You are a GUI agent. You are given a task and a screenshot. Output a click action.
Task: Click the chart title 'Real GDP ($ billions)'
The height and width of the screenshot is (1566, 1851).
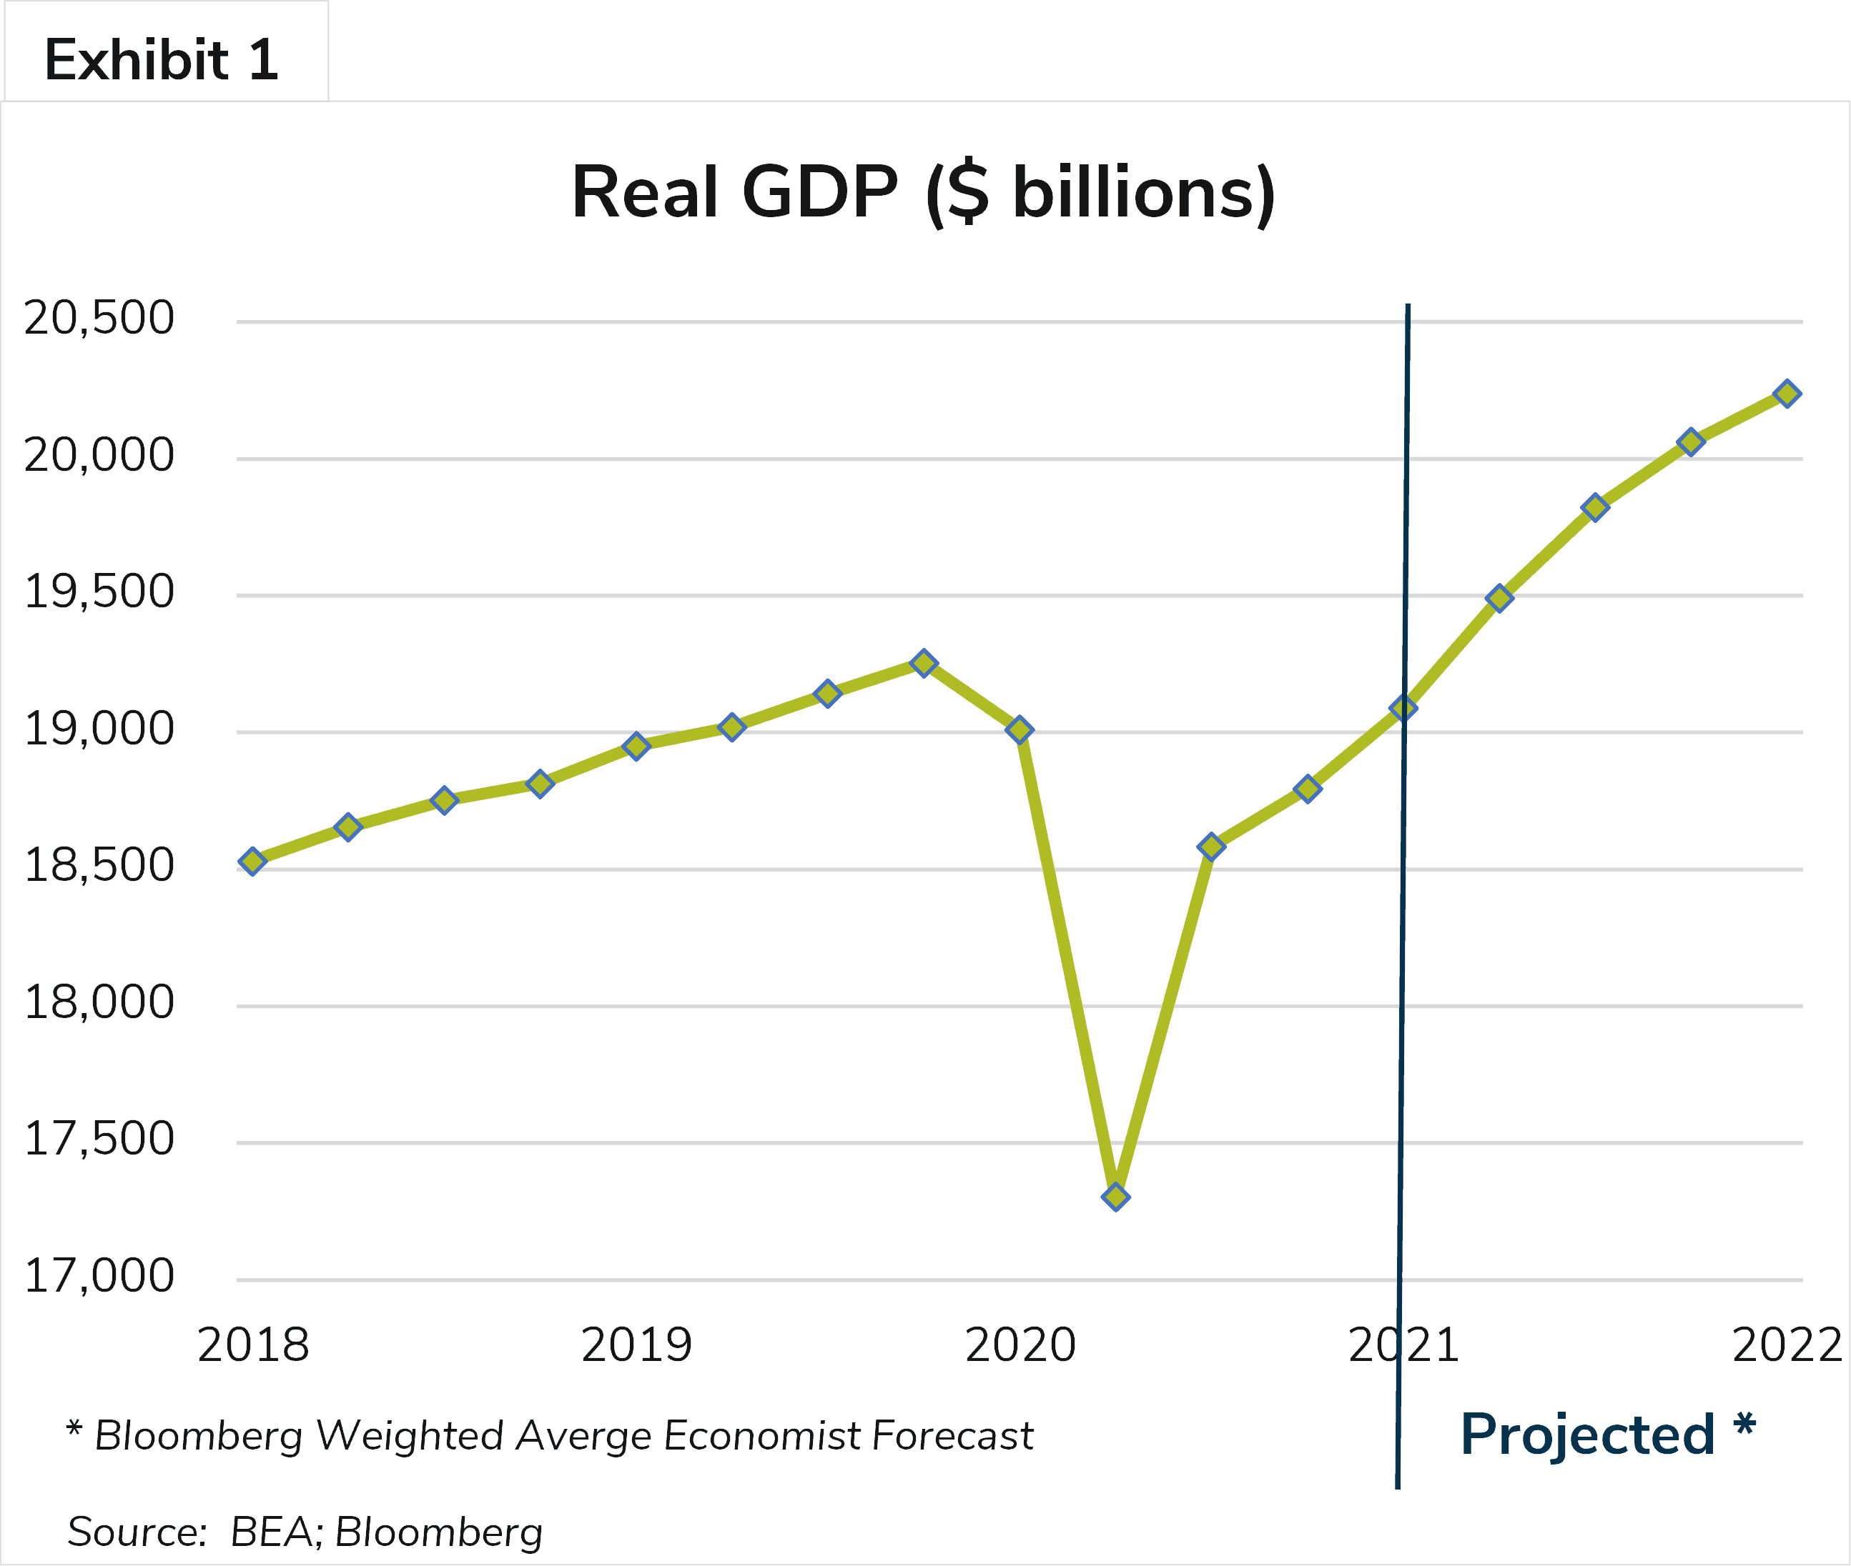tap(924, 194)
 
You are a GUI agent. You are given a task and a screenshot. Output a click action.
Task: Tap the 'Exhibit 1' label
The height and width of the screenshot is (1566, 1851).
tap(162, 60)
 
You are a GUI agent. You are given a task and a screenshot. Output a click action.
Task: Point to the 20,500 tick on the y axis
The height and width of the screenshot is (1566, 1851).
tap(99, 319)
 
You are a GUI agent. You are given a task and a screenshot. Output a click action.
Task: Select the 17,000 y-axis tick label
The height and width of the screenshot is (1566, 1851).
tap(99, 1277)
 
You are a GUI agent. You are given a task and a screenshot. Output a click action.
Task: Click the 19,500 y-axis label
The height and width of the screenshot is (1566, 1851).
tap(99, 592)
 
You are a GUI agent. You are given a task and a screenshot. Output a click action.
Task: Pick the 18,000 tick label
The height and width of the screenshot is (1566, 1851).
tap(99, 1003)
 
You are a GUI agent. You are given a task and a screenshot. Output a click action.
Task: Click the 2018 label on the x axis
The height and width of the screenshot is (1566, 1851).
tap(253, 1345)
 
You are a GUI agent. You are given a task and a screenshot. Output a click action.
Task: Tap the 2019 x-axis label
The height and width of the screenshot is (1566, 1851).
tap(636, 1345)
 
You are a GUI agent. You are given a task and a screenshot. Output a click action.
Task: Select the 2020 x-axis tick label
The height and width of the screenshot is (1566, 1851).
tap(1020, 1345)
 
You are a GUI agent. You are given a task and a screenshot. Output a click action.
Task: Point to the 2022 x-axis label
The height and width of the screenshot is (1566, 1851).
tap(1787, 1345)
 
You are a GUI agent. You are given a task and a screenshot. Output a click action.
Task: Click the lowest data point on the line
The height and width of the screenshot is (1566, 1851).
tap(1115, 1197)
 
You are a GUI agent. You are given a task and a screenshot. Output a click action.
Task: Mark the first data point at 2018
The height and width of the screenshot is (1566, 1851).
tap(253, 861)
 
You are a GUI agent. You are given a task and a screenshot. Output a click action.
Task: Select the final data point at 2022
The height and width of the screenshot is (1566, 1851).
tap(1787, 393)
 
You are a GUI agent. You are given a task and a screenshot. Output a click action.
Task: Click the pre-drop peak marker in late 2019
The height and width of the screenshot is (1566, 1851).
tap(924, 663)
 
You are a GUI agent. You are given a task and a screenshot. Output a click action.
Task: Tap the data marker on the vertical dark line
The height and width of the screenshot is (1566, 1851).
tap(1403, 707)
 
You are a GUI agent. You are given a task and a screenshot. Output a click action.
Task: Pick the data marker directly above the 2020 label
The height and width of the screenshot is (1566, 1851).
tap(1020, 729)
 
